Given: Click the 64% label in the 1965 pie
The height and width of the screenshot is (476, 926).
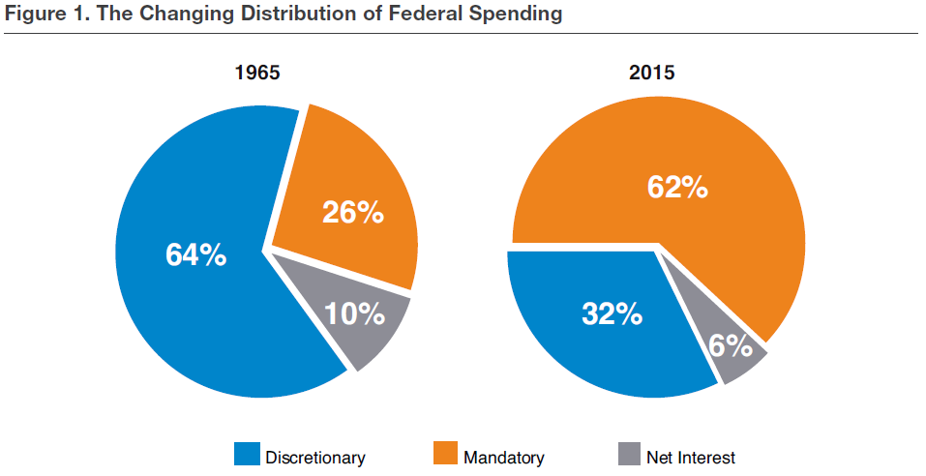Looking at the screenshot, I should click(x=195, y=255).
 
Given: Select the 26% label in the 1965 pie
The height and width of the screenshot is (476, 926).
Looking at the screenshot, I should click(x=353, y=211).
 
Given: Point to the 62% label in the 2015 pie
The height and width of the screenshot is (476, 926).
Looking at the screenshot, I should click(x=676, y=186).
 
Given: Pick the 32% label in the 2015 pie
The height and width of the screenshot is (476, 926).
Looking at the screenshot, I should click(x=612, y=313).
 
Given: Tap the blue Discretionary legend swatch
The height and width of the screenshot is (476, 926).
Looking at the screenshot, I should click(x=248, y=455).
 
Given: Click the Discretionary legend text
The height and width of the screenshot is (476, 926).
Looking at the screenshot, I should click(x=315, y=457).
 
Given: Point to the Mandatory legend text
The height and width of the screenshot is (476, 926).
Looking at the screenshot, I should click(x=504, y=457).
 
